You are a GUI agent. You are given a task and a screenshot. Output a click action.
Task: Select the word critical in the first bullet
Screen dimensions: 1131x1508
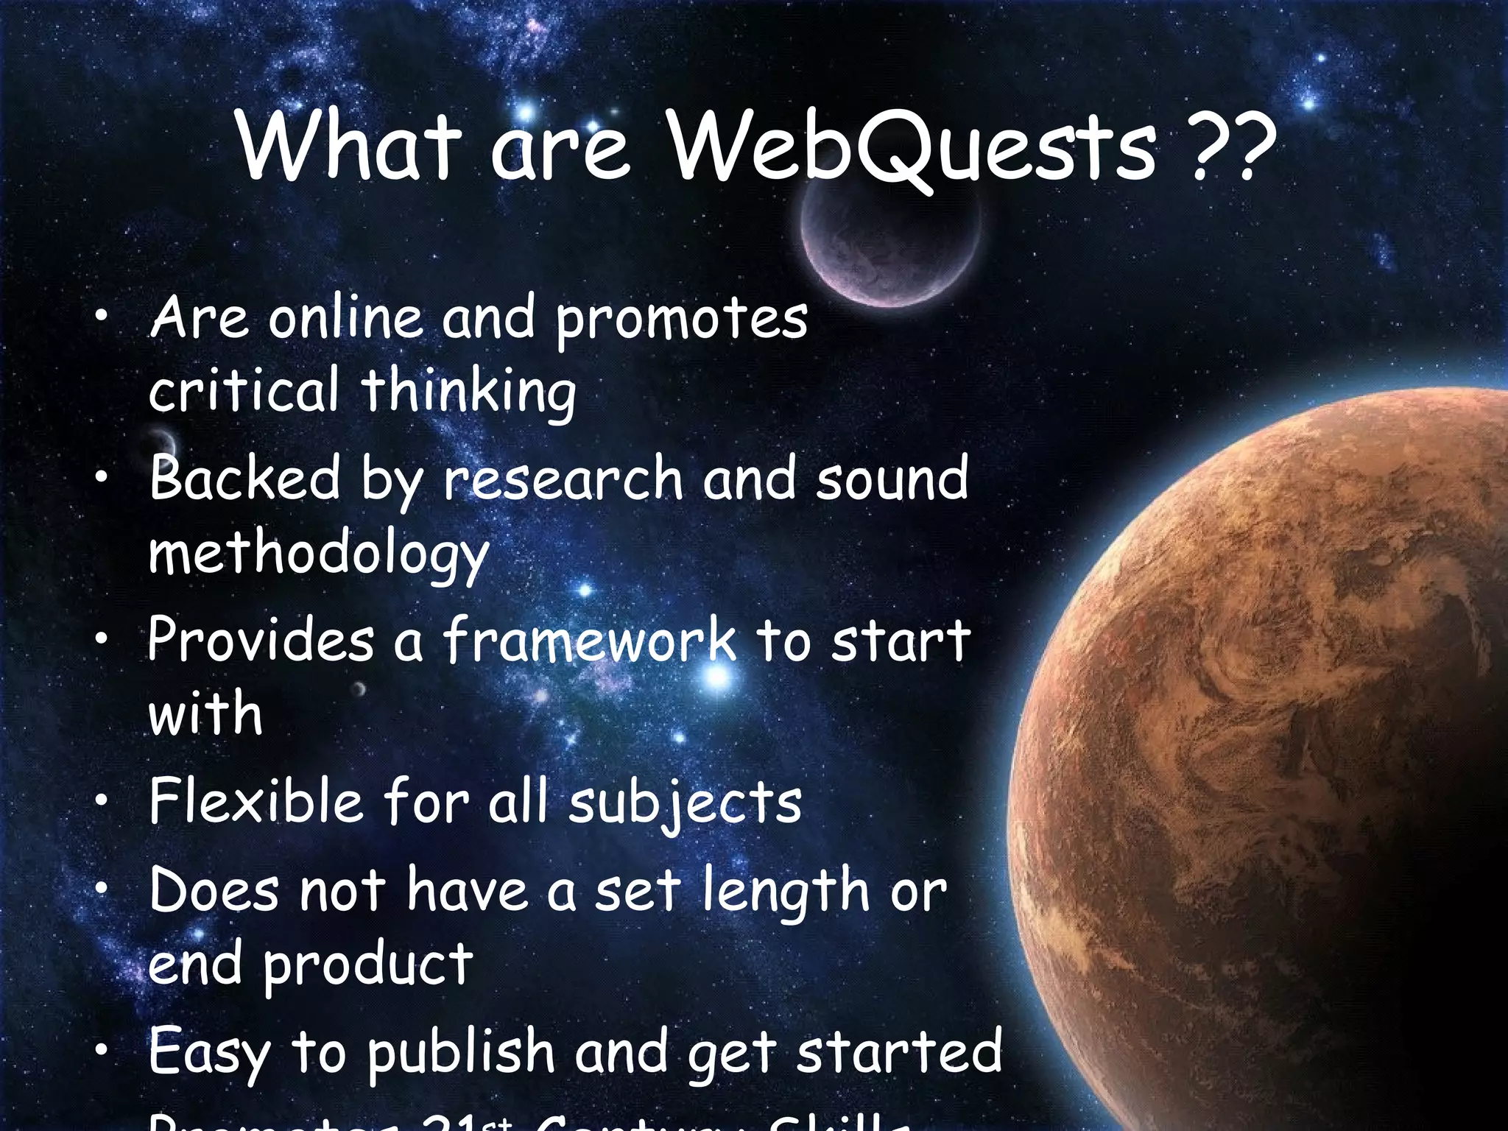click(244, 390)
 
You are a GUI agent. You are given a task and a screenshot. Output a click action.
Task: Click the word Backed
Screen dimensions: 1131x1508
click(244, 479)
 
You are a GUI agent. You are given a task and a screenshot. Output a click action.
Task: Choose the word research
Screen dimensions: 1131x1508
click(563, 479)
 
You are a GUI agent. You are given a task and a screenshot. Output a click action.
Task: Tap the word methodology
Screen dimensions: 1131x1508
click(318, 554)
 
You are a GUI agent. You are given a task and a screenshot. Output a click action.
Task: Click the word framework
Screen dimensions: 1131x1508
click(588, 640)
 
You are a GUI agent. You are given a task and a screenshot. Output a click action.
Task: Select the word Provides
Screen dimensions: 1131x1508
click(260, 639)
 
